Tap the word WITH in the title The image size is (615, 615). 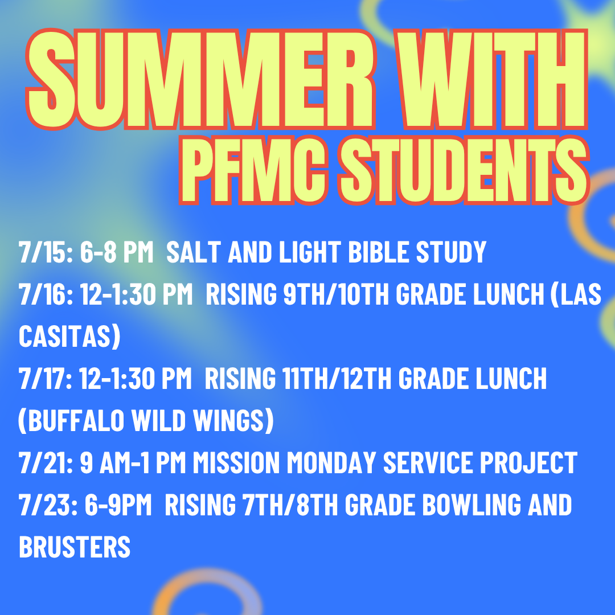(x=492, y=80)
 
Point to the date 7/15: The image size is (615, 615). (x=46, y=252)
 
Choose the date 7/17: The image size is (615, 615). (x=46, y=378)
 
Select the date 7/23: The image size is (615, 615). (x=48, y=505)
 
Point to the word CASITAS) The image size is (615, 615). (x=69, y=336)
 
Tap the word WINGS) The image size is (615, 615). (x=233, y=421)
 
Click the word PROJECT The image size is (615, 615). (x=528, y=462)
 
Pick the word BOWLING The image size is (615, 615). (x=471, y=505)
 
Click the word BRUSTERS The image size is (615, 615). (x=75, y=547)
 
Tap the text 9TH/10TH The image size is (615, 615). (x=336, y=294)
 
